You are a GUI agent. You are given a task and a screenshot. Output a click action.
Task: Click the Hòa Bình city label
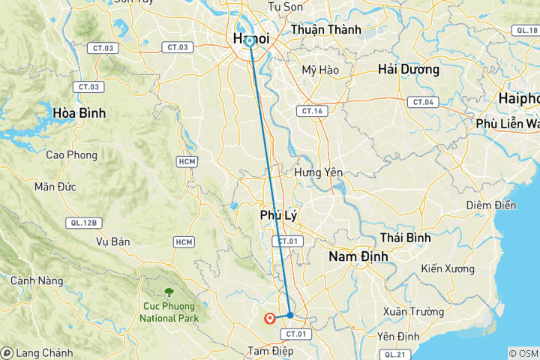[79, 112]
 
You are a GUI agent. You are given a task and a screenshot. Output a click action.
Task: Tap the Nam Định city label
[358, 256]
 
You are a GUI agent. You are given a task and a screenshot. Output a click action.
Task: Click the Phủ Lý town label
[279, 215]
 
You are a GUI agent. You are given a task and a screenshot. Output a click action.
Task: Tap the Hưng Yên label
[318, 172]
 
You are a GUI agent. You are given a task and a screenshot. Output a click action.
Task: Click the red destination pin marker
[269, 319]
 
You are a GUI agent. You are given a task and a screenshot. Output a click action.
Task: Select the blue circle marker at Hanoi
[250, 41]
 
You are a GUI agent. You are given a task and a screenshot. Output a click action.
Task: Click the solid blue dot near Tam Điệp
[290, 315]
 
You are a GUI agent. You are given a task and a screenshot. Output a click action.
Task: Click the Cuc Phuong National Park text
[167, 311]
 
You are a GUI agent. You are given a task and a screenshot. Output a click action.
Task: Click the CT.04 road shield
[422, 101]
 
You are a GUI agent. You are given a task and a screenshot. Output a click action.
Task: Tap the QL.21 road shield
[392, 354]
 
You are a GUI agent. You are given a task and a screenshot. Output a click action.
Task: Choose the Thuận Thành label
[325, 30]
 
